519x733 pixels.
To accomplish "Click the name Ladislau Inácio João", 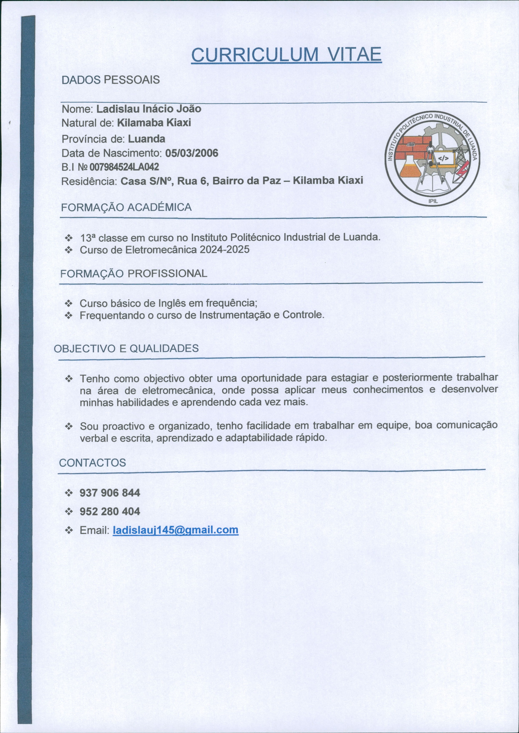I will (x=149, y=109).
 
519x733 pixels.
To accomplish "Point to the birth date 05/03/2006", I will (x=191, y=153).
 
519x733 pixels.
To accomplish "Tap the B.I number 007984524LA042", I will (x=124, y=167).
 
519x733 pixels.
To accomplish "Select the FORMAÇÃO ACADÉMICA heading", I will (x=126, y=207).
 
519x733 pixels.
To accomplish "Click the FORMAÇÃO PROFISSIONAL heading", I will (x=134, y=273).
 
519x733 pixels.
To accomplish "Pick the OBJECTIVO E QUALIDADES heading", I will (x=126, y=348).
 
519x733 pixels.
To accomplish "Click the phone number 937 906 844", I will (x=110, y=493).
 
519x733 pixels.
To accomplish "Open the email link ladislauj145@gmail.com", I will (x=176, y=530).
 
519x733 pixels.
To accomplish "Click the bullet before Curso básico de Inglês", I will (x=69, y=303).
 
